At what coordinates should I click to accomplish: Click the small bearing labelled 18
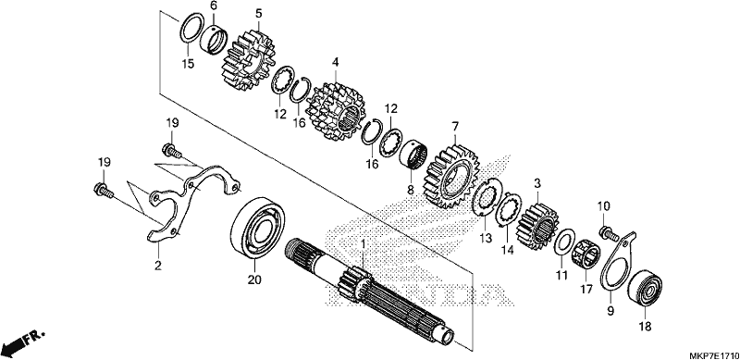645,288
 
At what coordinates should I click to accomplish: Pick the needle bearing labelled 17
586,256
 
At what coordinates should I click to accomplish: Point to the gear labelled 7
453,177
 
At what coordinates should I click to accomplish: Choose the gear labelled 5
248,60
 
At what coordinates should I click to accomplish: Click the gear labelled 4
336,112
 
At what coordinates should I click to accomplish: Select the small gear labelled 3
538,226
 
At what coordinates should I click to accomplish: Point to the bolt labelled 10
609,233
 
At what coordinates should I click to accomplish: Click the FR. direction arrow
21,343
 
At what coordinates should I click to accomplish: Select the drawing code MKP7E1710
714,354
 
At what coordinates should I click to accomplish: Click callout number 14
506,250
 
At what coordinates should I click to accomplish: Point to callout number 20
254,279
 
